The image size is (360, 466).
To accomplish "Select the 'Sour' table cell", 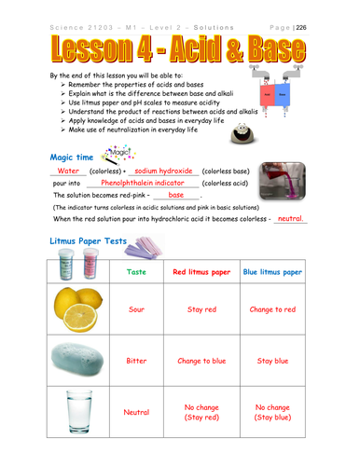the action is [x=136, y=309].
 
